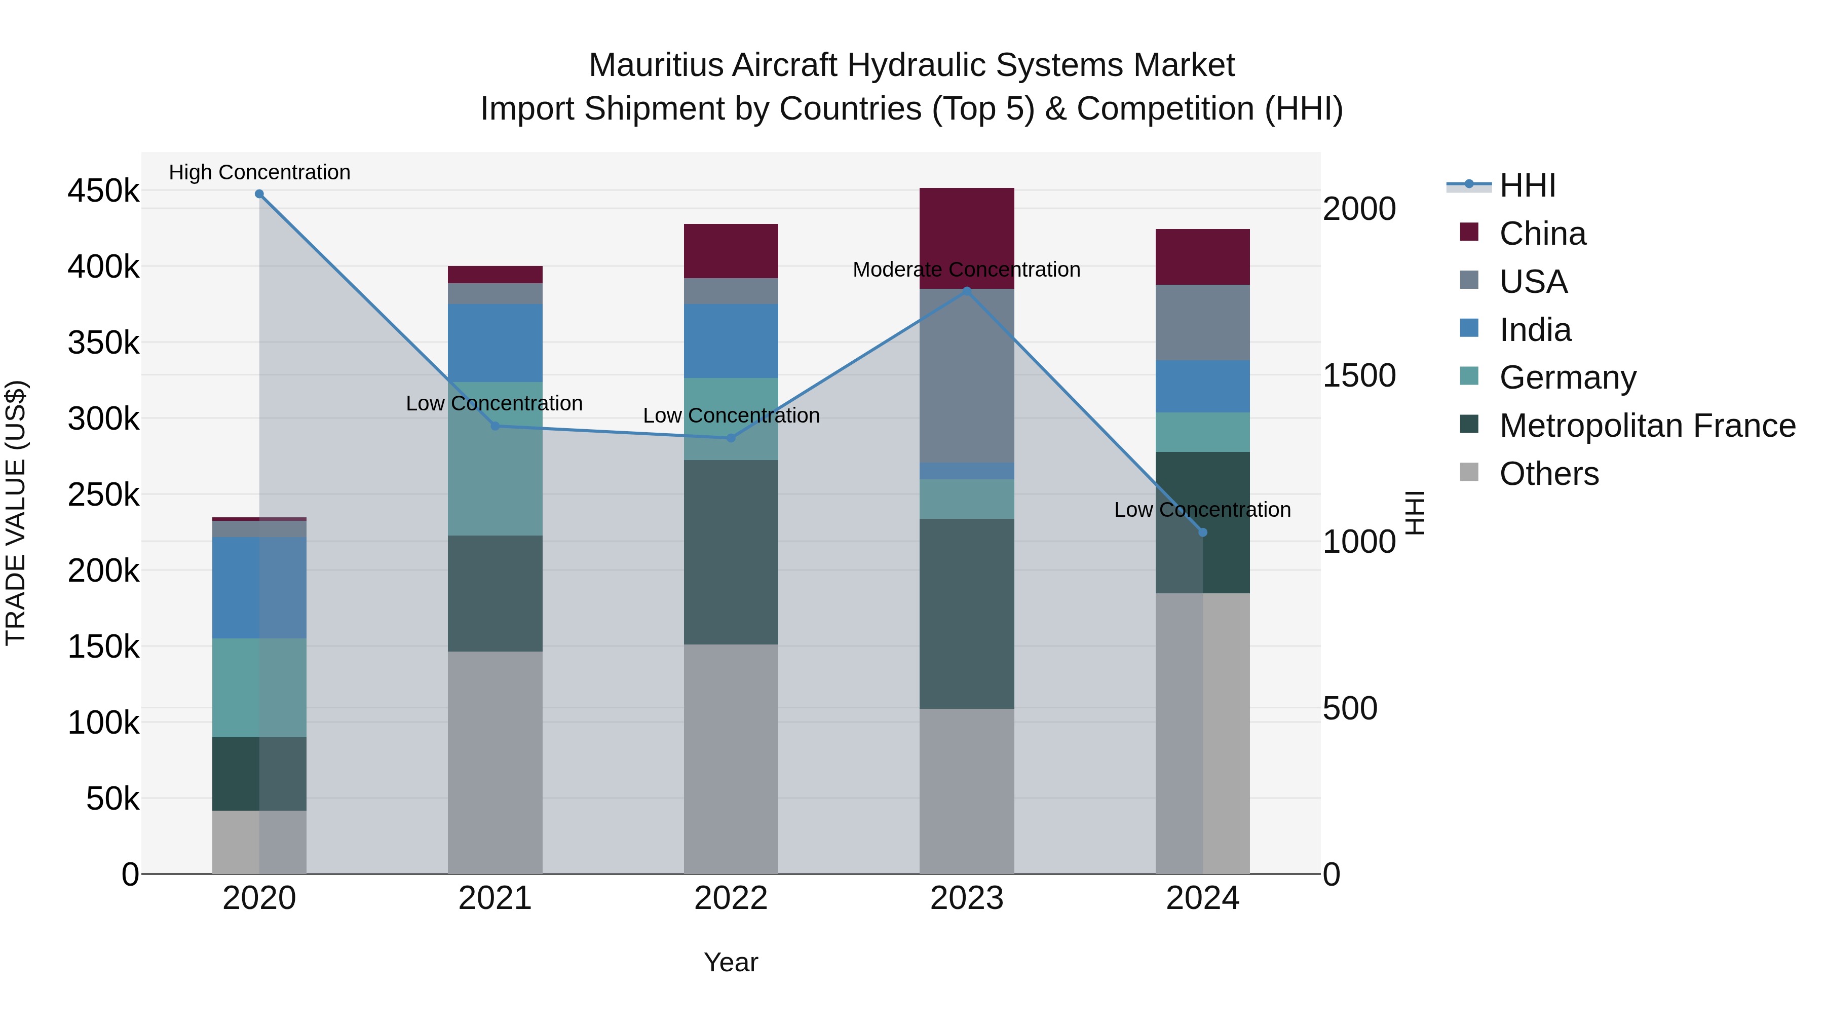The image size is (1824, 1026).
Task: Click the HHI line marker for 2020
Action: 259,194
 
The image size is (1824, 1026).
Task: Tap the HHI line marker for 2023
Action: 967,291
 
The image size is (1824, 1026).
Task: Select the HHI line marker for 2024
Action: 1202,533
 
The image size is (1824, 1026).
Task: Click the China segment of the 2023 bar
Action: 967,238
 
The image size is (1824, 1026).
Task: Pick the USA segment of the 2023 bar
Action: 967,375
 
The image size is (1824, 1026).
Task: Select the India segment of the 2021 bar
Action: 495,343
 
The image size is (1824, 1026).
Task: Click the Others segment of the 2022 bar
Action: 731,758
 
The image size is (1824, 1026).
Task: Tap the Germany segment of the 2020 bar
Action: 259,688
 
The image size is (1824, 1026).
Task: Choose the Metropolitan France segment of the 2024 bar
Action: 1202,522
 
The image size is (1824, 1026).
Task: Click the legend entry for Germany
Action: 1567,377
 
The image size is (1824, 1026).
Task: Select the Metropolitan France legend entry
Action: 1647,426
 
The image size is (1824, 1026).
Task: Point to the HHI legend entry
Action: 1527,185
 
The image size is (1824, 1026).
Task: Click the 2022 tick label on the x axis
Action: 731,898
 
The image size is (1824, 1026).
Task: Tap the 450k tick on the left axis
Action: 103,191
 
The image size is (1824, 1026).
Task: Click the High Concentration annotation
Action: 259,172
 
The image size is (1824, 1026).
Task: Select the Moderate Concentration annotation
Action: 967,270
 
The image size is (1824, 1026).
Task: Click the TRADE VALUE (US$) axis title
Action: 16,513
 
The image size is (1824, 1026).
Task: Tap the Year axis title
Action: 731,962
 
